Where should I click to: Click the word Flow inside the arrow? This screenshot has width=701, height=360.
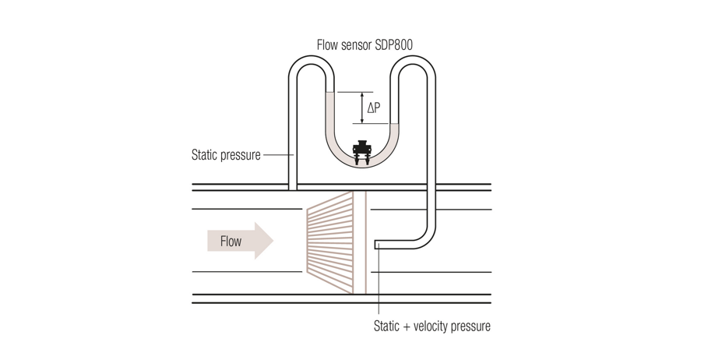tap(231, 242)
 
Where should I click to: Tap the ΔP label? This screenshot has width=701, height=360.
tap(374, 108)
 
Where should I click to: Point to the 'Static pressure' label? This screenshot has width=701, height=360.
tap(226, 154)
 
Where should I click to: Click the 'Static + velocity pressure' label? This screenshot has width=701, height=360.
tap(432, 326)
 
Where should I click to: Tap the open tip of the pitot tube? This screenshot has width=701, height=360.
tap(377, 244)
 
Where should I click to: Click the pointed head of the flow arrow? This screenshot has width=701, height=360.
tap(264, 241)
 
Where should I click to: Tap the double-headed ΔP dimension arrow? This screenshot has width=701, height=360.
tap(361, 108)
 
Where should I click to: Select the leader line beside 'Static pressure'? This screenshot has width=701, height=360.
tap(277, 154)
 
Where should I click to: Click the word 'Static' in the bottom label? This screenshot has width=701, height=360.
tap(389, 326)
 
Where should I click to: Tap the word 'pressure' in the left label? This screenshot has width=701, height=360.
tap(240, 154)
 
